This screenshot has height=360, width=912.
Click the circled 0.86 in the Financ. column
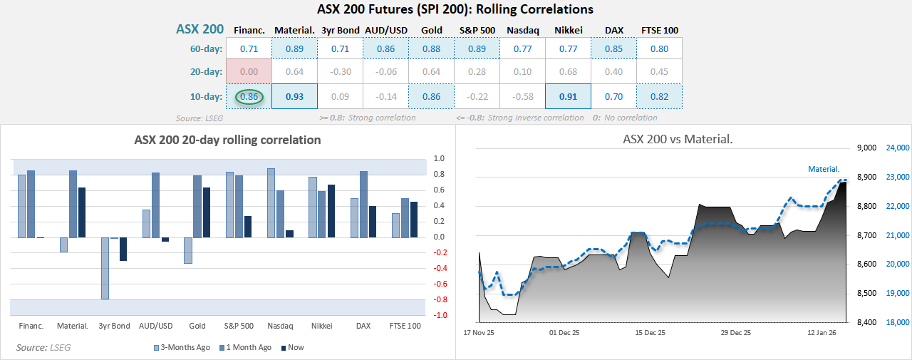click(x=249, y=96)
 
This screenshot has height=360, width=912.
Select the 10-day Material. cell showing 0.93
click(x=294, y=96)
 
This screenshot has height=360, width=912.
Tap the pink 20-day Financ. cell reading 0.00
click(x=249, y=71)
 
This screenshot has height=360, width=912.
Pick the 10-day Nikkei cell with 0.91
click(x=568, y=96)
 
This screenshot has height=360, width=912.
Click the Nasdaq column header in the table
click(x=522, y=30)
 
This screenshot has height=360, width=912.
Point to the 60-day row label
click(x=205, y=49)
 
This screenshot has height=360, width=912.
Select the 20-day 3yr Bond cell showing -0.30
click(x=340, y=71)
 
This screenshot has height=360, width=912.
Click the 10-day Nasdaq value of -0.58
click(x=522, y=96)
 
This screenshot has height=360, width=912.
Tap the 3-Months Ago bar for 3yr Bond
click(x=105, y=268)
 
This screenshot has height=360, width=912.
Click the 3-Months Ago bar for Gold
click(x=188, y=250)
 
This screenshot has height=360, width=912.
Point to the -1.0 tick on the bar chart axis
click(x=440, y=315)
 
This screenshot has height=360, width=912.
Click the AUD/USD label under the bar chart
click(x=156, y=326)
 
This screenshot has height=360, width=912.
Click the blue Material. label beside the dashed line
click(x=824, y=169)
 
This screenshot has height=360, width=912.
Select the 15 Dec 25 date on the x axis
click(x=650, y=333)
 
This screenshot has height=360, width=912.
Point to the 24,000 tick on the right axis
click(x=896, y=148)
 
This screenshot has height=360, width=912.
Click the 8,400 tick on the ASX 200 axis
click(x=858, y=322)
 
